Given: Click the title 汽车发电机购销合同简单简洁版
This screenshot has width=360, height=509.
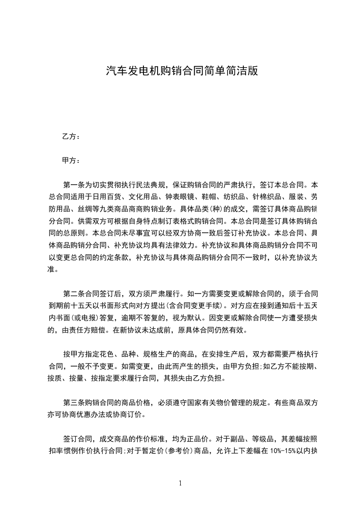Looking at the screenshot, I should (x=182, y=71).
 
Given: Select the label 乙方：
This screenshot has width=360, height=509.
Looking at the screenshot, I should (x=71, y=136).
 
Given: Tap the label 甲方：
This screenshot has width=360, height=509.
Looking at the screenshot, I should (x=71, y=161).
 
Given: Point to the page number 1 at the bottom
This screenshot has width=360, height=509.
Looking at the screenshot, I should (x=180, y=483).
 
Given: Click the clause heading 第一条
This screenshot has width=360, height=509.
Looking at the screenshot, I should (x=74, y=185).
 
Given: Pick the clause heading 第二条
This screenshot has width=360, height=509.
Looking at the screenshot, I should (x=74, y=281).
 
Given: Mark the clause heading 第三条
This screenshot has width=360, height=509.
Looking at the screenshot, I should (x=74, y=402).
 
